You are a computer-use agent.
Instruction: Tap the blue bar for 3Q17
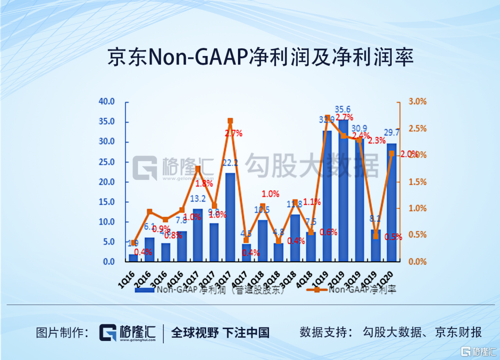pos(230,217)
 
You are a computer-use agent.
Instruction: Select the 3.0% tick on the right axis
pos(417,102)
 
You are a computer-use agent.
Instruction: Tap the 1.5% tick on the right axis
pos(417,182)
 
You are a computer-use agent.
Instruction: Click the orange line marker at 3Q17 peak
pos(230,121)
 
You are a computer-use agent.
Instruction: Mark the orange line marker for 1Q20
pos(392,154)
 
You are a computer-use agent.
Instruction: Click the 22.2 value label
pos(230,163)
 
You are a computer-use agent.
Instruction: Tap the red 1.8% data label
pos(204,184)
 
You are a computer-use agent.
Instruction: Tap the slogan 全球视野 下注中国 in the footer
pos(220,333)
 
